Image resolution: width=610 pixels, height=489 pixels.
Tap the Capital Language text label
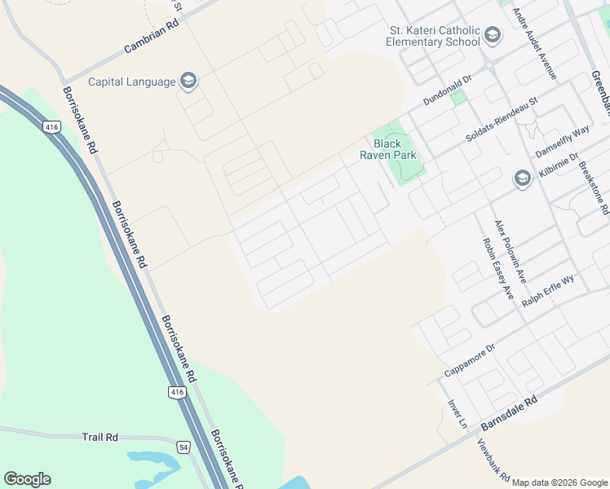[x=132, y=81]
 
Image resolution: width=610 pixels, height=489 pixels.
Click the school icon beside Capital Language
[x=188, y=80]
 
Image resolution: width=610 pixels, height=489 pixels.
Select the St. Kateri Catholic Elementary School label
[x=433, y=35]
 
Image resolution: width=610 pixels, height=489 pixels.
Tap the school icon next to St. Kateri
[x=492, y=35]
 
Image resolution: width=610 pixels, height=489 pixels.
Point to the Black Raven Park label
[x=389, y=149]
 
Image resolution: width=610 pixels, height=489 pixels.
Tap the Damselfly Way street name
[x=562, y=140]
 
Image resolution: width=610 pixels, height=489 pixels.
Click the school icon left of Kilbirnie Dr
[x=523, y=178]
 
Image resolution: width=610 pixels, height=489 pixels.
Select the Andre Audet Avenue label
[x=535, y=43]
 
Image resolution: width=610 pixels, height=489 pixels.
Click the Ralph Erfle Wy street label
[x=549, y=289]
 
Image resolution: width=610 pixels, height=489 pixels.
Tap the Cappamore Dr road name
[x=470, y=360]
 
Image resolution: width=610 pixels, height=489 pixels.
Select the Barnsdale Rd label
[x=510, y=414]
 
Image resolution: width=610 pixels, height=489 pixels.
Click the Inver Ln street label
[x=457, y=413]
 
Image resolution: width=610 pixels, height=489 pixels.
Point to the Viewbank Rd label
[x=493, y=460]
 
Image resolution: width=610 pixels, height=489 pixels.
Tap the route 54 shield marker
[x=184, y=447]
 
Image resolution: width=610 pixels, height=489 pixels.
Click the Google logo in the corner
[x=27, y=479]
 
